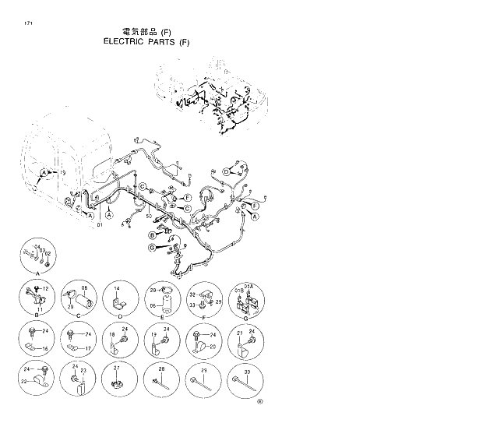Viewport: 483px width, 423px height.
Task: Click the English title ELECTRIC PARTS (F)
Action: tap(146, 42)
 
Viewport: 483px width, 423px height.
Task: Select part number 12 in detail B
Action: tap(45, 290)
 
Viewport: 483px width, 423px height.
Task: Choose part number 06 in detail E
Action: tap(153, 307)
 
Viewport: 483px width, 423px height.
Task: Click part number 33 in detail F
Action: tap(192, 305)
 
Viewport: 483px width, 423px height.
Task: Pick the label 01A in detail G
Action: tap(248, 287)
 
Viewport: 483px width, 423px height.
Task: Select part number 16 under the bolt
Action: tap(45, 348)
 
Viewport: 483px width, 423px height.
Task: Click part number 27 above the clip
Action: tap(117, 367)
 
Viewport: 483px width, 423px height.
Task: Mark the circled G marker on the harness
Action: tap(152, 247)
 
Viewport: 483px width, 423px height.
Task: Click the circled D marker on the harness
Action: tap(227, 171)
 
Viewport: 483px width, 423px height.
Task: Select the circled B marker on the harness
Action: tap(151, 236)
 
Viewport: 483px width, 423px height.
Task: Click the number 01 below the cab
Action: tap(100, 225)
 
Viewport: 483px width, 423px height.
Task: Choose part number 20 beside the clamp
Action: tap(213, 346)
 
